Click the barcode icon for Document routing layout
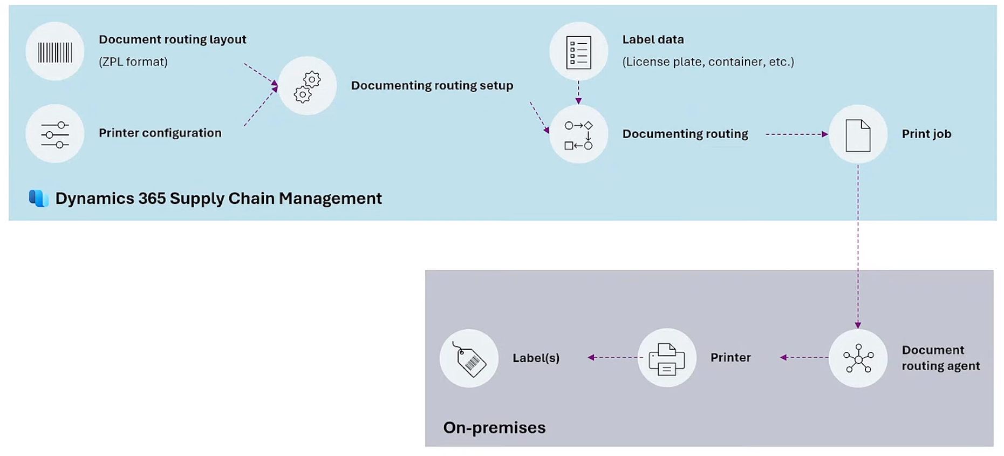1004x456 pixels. tap(54, 52)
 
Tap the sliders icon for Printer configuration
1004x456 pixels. tap(54, 134)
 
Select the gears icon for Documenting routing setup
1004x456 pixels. tap(308, 86)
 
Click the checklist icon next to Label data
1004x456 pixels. tap(578, 52)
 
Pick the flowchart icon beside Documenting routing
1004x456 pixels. tap(578, 135)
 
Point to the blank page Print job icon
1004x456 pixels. tap(858, 135)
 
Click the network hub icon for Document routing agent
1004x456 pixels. tap(858, 358)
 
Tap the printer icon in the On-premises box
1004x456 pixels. tap(667, 358)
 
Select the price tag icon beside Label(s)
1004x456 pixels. tap(469, 359)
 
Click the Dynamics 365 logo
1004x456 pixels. tap(39, 198)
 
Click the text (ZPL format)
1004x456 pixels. tap(133, 62)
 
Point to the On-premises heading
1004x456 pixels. tap(494, 427)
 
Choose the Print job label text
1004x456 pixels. tap(926, 134)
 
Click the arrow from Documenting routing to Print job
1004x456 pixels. tap(796, 134)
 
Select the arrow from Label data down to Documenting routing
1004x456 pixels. tap(578, 92)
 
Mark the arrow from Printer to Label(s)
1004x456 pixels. tap(614, 357)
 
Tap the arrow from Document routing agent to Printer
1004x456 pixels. tap(804, 357)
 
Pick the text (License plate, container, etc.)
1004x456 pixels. tap(708, 62)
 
